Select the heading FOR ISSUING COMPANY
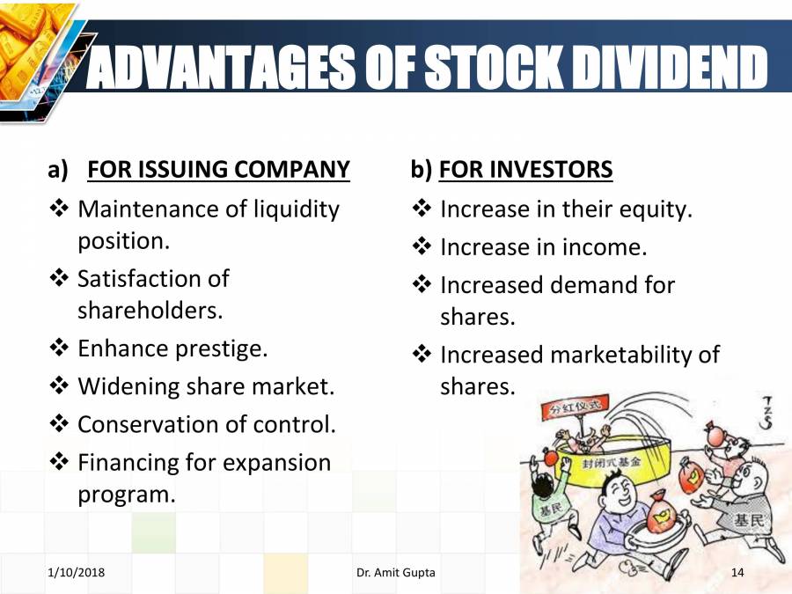pos(219,169)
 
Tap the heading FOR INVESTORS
pos(525,169)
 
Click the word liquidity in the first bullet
pos(297,209)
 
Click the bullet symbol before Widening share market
pos(59,386)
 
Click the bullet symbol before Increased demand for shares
pos(422,286)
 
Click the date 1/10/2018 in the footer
pos(77,573)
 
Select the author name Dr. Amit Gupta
pos(396,573)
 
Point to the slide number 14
pos(737,573)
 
